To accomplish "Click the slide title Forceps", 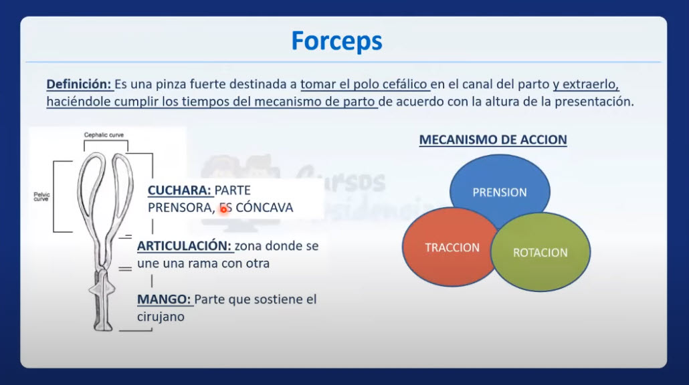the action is (336, 41).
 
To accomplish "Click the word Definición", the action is (79, 84).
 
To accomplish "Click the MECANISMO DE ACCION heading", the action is (493, 140).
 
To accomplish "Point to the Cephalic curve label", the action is (104, 135).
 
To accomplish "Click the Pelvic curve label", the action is (41, 197).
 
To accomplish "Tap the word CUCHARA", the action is (179, 190).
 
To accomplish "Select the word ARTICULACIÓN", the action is (184, 246).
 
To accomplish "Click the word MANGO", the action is (164, 299).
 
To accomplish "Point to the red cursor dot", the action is (223, 209).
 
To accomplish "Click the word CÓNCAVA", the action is (264, 207).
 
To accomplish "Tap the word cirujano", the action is (161, 317).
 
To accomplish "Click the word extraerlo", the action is (591, 84).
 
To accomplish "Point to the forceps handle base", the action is (103, 326).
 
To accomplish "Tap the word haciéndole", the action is (78, 102).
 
